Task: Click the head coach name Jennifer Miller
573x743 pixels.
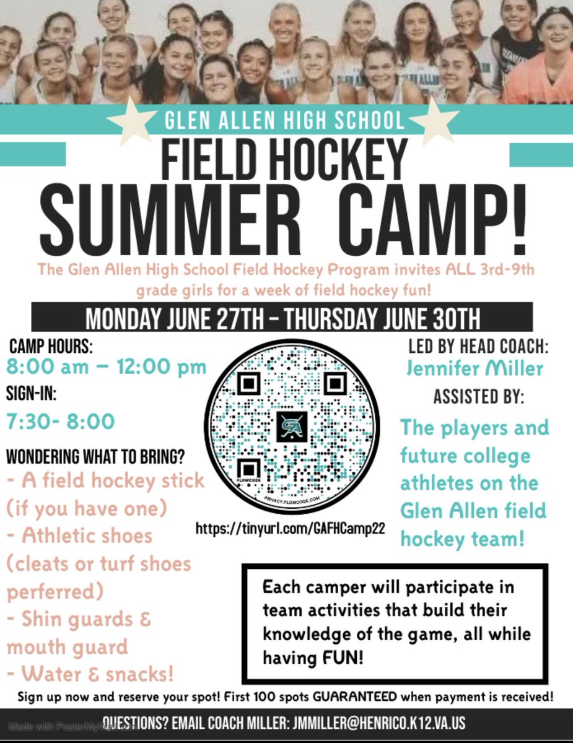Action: point(475,369)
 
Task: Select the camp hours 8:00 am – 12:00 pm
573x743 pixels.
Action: point(106,367)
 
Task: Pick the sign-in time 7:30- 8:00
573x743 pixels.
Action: point(61,422)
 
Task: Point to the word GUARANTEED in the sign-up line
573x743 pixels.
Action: point(355,696)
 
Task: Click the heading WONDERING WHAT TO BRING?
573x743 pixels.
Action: point(96,459)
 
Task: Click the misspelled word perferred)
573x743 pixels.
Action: point(55,591)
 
